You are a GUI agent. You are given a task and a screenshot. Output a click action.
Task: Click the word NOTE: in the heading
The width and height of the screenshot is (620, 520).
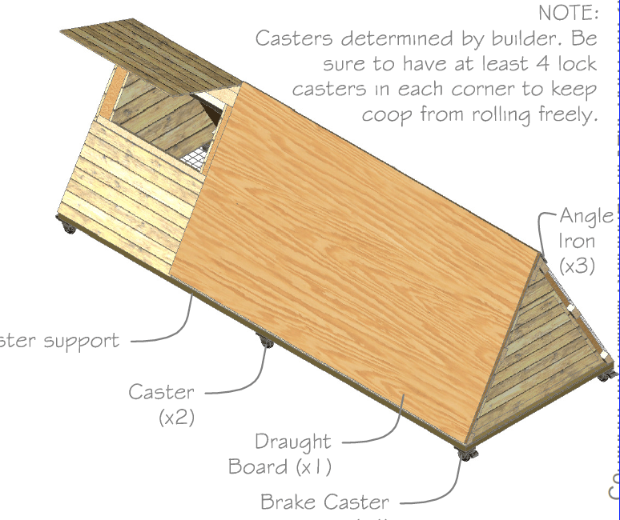click(x=568, y=13)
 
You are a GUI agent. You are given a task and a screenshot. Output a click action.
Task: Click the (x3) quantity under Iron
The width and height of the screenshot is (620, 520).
click(x=577, y=266)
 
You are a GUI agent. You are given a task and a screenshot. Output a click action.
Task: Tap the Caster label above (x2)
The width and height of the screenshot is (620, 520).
click(x=161, y=392)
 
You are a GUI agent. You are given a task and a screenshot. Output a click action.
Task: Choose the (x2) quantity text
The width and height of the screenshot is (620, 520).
click(x=175, y=417)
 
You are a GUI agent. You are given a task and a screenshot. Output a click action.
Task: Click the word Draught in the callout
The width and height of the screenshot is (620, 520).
click(x=292, y=441)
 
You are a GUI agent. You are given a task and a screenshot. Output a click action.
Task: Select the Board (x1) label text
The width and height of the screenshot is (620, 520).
click(x=280, y=466)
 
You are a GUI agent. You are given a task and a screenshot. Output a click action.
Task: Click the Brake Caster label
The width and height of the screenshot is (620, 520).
click(x=324, y=502)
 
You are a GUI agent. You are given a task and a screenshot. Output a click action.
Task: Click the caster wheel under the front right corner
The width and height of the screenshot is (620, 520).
click(x=465, y=454)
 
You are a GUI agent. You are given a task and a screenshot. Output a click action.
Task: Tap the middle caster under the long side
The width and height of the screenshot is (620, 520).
click(x=265, y=343)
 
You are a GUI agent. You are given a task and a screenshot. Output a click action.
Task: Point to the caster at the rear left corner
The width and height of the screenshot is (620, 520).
click(x=69, y=230)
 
